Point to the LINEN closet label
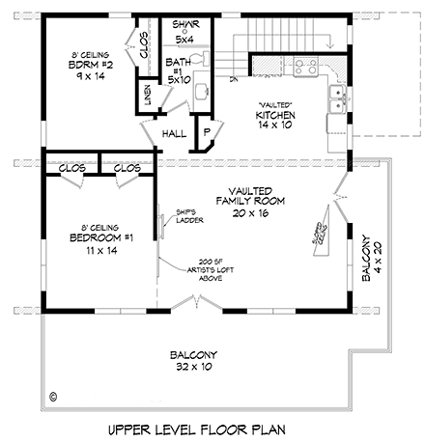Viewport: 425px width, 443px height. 147,96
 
